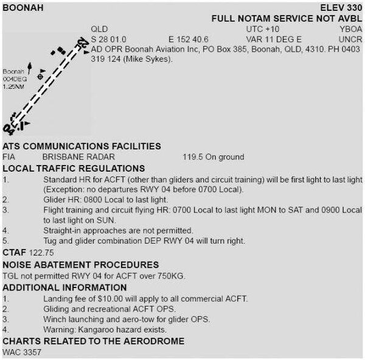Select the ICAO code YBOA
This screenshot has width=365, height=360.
pyautogui.click(x=351, y=29)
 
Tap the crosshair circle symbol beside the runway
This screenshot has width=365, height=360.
pyautogui.click(x=40, y=77)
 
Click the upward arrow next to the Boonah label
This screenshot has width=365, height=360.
pyautogui.click(x=29, y=72)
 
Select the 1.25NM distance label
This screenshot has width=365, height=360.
pyautogui.click(x=13, y=87)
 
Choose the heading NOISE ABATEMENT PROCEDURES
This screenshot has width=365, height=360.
pyautogui.click(x=81, y=264)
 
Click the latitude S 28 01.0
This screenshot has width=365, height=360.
pyautogui.click(x=109, y=39)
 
